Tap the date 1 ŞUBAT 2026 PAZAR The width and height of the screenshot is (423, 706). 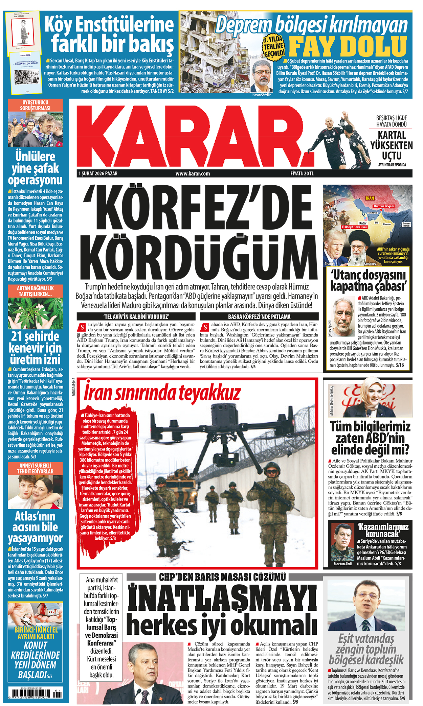(x=98, y=173)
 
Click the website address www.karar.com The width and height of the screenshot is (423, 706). (x=193, y=173)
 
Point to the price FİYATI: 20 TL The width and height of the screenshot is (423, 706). (x=302, y=173)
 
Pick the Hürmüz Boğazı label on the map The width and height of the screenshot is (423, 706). (x=384, y=206)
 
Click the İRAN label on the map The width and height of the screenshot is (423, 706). (x=370, y=198)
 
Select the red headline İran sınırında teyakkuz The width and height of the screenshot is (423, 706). (x=162, y=393)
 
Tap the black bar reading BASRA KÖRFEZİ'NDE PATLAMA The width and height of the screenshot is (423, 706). (x=259, y=316)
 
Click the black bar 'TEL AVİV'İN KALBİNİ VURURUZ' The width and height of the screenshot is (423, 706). (x=136, y=316)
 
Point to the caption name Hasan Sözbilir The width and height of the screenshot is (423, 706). (x=262, y=95)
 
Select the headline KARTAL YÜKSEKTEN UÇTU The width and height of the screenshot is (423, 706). (x=392, y=145)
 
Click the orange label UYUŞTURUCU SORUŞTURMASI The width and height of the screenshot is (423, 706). (x=35, y=105)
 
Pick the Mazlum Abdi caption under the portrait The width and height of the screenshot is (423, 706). (x=342, y=564)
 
